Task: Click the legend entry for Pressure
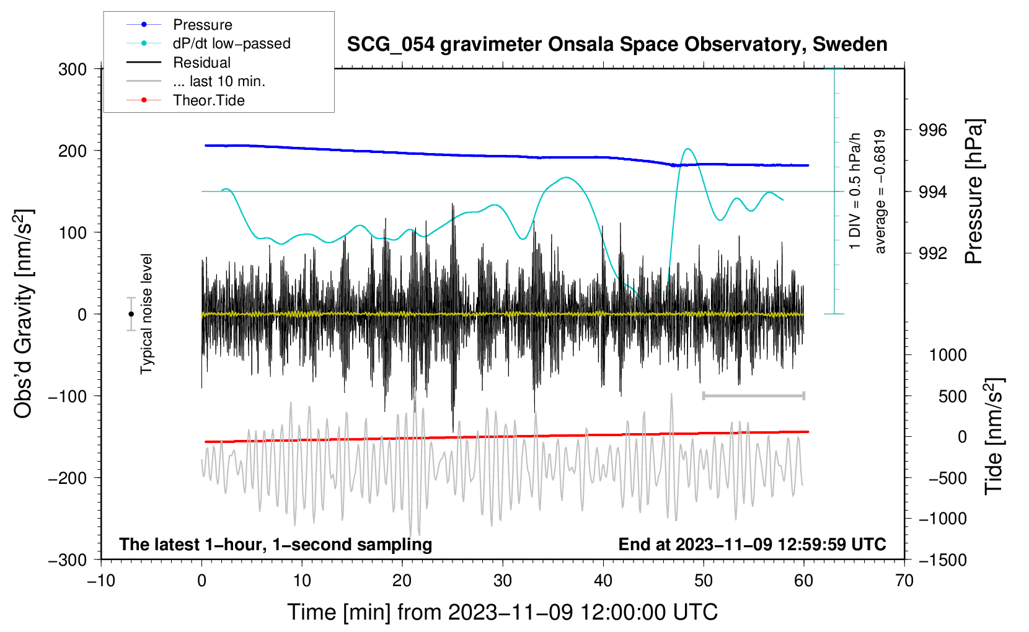pyautogui.click(x=202, y=25)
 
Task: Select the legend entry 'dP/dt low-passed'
pyautogui.click(x=231, y=43)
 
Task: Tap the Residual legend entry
pyautogui.click(x=201, y=63)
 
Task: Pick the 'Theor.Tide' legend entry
pyautogui.click(x=208, y=100)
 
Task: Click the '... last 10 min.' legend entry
pyautogui.click(x=219, y=81)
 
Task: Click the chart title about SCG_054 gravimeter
pyautogui.click(x=617, y=45)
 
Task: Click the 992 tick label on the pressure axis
pyautogui.click(x=934, y=253)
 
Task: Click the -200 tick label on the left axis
pyautogui.click(x=68, y=478)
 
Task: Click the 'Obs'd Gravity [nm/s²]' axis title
pyautogui.click(x=24, y=314)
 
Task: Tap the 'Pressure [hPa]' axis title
pyautogui.click(x=974, y=192)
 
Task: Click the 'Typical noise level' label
pyautogui.click(x=146, y=314)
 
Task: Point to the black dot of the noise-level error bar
pyautogui.click(x=131, y=314)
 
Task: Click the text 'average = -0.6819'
pyautogui.click(x=880, y=192)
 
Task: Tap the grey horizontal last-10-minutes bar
pyautogui.click(x=753, y=395)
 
